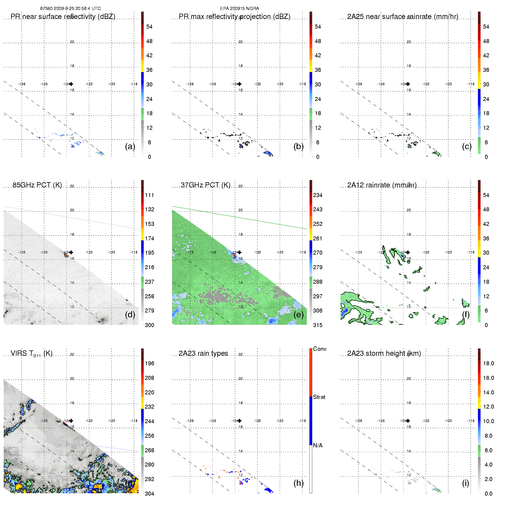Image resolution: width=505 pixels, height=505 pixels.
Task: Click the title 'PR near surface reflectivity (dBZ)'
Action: pos(63,17)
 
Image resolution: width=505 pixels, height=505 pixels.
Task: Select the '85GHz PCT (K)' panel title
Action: pos(37,185)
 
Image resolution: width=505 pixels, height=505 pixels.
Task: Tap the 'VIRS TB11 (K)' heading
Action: pos(31,354)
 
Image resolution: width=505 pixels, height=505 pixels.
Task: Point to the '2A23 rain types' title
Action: pos(203,353)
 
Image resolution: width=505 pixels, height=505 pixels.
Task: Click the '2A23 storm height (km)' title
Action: pos(384,353)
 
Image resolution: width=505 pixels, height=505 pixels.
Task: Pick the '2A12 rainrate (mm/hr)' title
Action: pos(382,185)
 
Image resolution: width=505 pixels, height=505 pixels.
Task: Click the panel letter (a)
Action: pos(130,146)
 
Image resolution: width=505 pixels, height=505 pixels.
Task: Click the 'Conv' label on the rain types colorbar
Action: pos(320,349)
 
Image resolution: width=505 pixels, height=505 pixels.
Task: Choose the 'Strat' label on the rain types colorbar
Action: pos(319,397)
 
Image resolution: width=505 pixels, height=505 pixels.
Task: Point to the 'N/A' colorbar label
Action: pos(318,445)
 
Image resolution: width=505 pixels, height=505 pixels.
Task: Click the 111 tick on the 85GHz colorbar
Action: pos(149,195)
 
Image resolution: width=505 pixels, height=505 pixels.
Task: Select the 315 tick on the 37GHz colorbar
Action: pos(318,325)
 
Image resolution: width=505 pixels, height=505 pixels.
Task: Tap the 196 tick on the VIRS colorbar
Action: pos(149,363)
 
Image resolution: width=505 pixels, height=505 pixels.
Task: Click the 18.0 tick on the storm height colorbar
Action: pos(488,363)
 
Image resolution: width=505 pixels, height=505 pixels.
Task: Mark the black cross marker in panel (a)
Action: pos(71,84)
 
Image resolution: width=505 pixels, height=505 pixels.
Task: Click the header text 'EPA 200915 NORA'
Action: pos(240,9)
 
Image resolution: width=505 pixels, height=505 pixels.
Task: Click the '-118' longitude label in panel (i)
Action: pos(470,421)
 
